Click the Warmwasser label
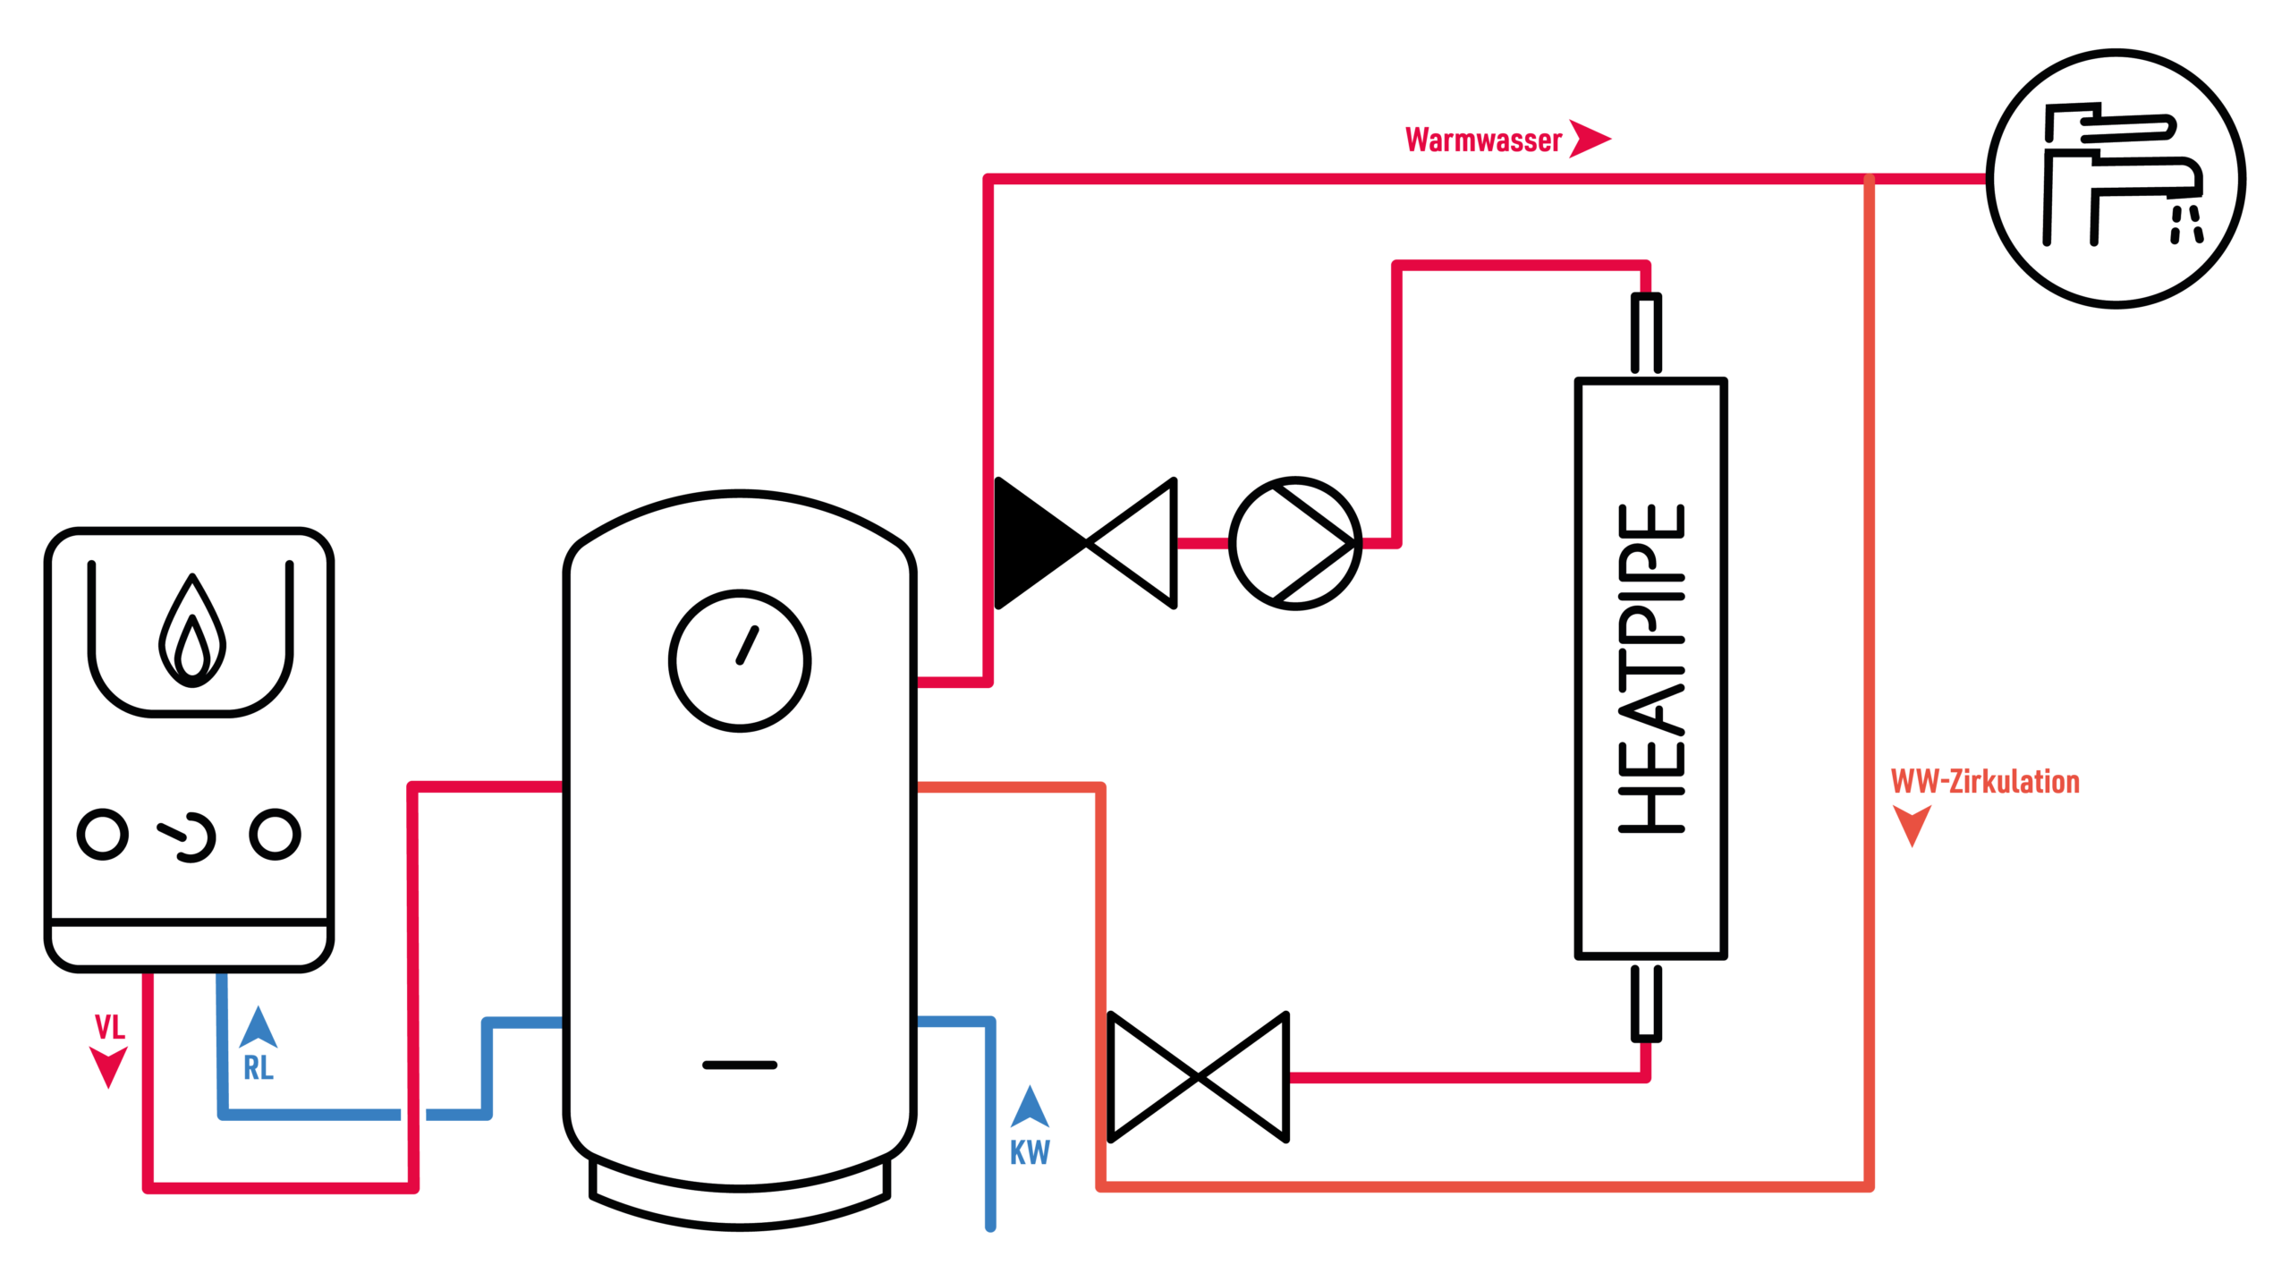pyautogui.click(x=1483, y=140)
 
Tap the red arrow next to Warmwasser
pyautogui.click(x=1588, y=139)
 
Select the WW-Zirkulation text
pyautogui.click(x=1984, y=782)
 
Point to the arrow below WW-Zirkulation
pyautogui.click(x=1912, y=824)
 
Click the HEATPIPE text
pyautogui.click(x=1651, y=669)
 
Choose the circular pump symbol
pyautogui.click(x=1294, y=543)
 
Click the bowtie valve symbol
pyautogui.click(x=1198, y=1077)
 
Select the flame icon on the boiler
pyautogui.click(x=191, y=632)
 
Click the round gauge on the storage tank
pyautogui.click(x=740, y=661)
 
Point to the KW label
pyautogui.click(x=1030, y=1152)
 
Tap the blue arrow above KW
pyautogui.click(x=1030, y=1108)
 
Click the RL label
pyautogui.click(x=258, y=1067)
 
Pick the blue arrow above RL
pyautogui.click(x=258, y=1028)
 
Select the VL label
pyautogui.click(x=109, y=1027)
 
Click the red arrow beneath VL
pyautogui.click(x=108, y=1067)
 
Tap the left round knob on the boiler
pyautogui.click(x=103, y=835)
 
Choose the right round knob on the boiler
pyautogui.click(x=275, y=835)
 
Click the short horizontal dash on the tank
pyautogui.click(x=740, y=1065)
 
